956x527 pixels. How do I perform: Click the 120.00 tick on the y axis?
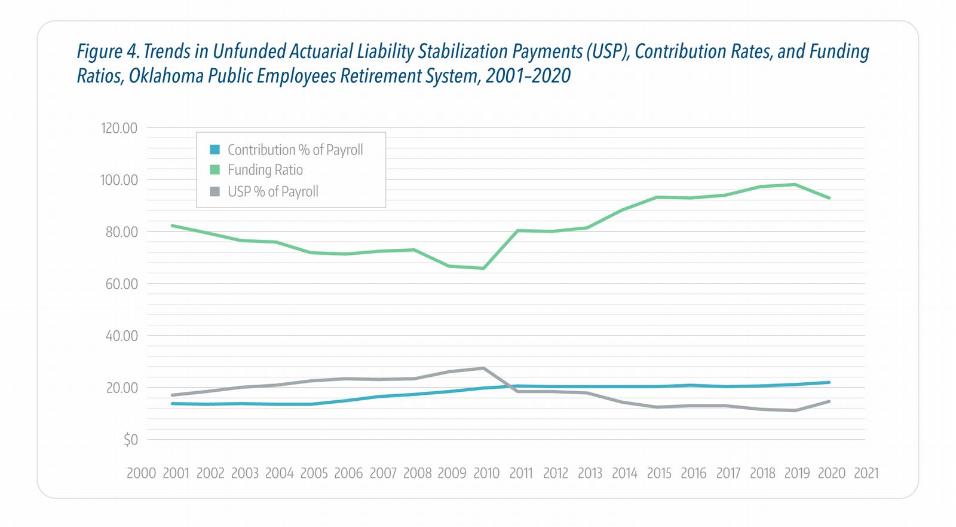point(119,128)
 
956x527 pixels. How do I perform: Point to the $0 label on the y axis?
point(130,440)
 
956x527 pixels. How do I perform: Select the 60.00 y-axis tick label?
point(121,284)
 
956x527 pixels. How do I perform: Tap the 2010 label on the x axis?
point(486,473)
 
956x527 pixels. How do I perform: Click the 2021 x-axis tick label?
point(866,473)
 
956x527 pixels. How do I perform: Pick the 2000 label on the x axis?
point(141,473)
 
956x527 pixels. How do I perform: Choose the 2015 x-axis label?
point(659,473)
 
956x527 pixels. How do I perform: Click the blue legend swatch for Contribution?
point(215,150)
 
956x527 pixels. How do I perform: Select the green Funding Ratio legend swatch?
point(215,170)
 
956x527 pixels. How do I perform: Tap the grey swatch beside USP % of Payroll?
point(215,191)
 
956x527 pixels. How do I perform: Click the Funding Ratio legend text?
point(265,170)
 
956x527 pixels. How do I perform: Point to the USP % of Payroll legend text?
point(272,191)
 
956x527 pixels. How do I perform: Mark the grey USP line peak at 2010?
point(483,368)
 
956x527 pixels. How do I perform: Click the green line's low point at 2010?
point(483,268)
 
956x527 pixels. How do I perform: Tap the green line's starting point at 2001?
point(172,226)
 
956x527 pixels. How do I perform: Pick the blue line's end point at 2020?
point(829,382)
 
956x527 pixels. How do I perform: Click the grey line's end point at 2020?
point(829,401)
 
